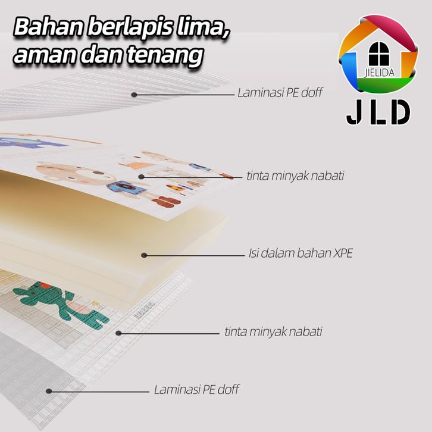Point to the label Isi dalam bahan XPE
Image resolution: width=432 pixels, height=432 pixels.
[x=300, y=253]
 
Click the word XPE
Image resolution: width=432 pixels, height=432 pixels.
[x=343, y=253]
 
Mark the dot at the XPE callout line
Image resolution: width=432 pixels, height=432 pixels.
[x=144, y=255]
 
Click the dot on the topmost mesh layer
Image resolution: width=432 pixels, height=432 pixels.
[x=135, y=94]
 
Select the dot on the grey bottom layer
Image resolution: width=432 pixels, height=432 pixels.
[x=49, y=391]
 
